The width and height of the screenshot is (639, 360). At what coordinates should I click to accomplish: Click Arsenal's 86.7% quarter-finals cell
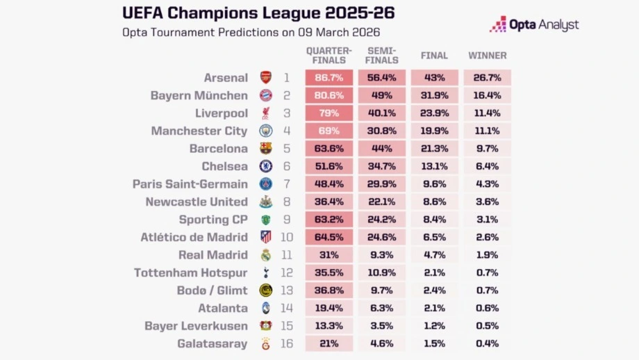tap(329, 78)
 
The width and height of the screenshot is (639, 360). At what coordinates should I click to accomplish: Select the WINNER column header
tap(487, 56)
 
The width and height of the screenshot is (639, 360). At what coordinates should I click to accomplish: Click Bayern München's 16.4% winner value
tap(487, 96)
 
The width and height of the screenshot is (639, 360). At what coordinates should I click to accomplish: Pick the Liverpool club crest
tap(266, 113)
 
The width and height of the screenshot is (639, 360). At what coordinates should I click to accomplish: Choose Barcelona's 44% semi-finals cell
tap(382, 149)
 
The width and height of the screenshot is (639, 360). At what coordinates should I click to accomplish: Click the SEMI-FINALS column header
tap(382, 56)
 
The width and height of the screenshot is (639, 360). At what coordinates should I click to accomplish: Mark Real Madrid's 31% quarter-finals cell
tap(329, 255)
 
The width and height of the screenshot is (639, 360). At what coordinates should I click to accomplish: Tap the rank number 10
tap(287, 237)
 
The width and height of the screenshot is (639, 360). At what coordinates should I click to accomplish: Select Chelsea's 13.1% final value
tap(434, 166)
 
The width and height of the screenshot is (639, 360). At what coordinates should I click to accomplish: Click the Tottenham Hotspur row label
tap(190, 272)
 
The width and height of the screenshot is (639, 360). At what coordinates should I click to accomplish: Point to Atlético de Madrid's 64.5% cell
tap(329, 237)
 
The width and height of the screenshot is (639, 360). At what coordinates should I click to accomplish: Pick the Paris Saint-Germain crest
tap(266, 184)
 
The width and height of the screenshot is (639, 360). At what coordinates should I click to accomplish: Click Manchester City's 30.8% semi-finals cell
tap(382, 131)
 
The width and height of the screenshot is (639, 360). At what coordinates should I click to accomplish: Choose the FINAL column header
tap(434, 56)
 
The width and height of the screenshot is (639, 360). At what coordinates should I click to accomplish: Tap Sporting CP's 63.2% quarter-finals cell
tap(329, 220)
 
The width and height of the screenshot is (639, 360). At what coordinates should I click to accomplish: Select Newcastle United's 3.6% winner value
tap(487, 202)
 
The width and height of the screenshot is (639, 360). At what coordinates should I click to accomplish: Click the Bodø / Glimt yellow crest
tap(266, 291)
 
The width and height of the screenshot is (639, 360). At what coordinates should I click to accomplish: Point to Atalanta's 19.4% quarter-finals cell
tap(329, 308)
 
